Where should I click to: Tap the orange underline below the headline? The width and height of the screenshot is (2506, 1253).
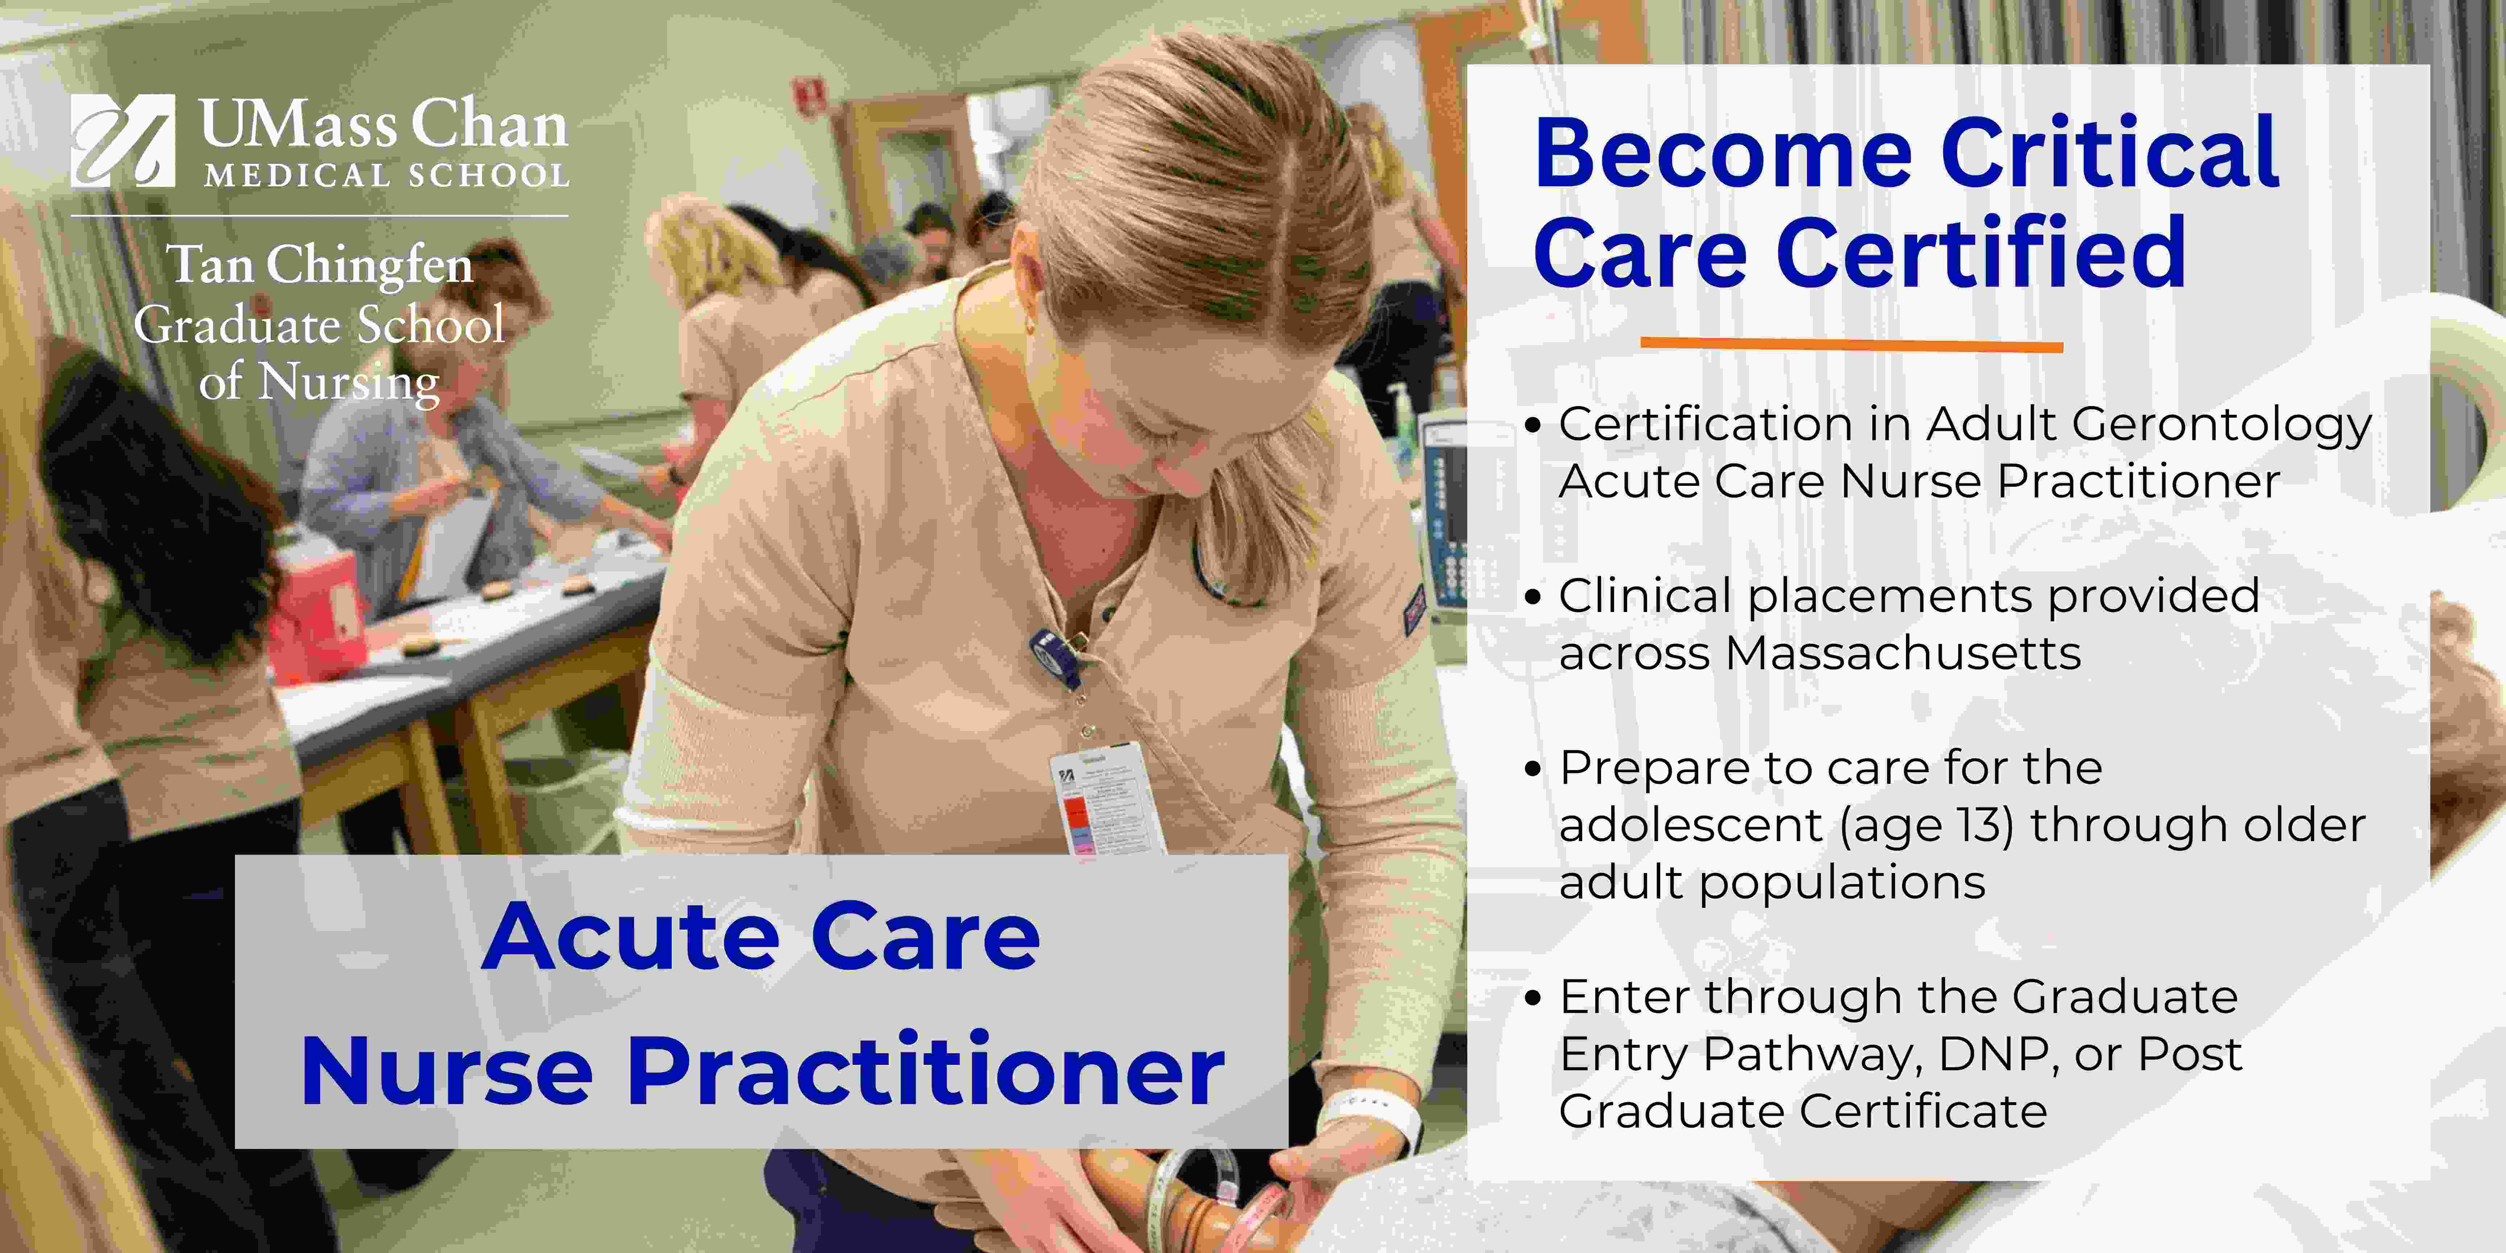1851,343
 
